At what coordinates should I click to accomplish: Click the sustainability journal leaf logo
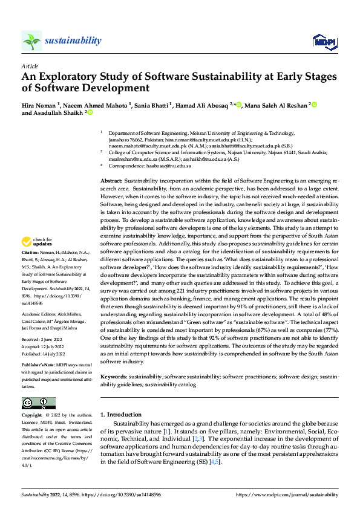(32, 41)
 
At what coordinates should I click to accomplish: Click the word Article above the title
(29, 65)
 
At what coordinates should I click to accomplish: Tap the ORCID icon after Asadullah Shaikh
(90, 112)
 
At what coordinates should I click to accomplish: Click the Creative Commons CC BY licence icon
(38, 403)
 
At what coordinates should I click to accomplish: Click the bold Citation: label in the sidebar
(30, 250)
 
